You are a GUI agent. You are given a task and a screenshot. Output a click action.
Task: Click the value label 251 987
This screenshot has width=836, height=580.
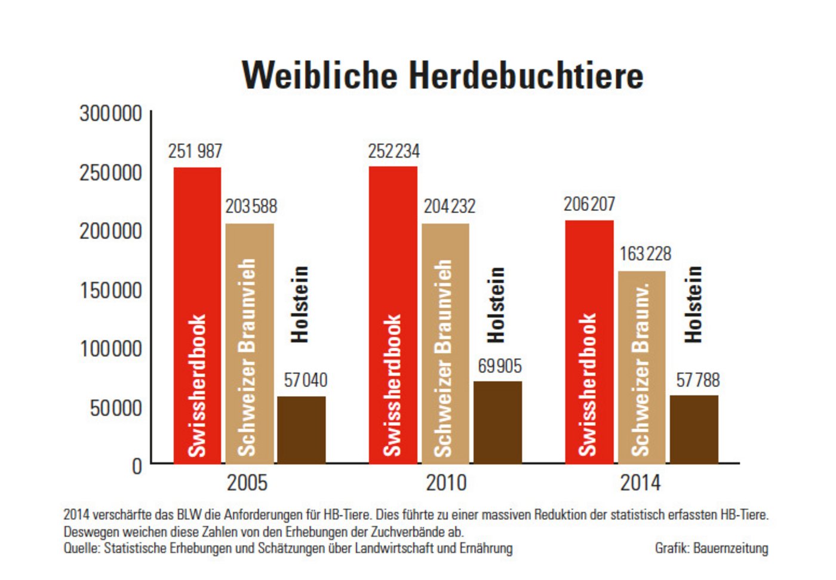click(195, 151)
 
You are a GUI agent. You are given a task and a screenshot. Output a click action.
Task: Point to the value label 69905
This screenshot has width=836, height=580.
click(500, 366)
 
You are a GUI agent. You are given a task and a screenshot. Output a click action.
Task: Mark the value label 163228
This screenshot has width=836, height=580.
click(645, 254)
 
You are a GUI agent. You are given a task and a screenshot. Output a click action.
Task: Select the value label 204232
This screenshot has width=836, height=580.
click(450, 206)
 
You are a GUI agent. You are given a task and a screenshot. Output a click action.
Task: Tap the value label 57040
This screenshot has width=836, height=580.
click(305, 380)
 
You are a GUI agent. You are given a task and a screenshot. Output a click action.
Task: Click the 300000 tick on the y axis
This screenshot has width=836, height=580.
click(111, 113)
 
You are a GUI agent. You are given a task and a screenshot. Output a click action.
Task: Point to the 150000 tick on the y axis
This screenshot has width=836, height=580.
click(111, 290)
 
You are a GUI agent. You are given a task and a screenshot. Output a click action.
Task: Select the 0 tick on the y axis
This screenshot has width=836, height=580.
click(137, 466)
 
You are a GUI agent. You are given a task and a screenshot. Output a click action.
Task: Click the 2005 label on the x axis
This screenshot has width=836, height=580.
click(247, 483)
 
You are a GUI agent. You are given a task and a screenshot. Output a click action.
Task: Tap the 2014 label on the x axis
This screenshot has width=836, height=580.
click(640, 483)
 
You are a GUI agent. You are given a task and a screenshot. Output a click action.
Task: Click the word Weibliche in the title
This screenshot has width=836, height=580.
click(320, 75)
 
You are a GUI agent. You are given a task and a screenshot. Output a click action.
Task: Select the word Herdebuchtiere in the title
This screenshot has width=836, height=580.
click(526, 75)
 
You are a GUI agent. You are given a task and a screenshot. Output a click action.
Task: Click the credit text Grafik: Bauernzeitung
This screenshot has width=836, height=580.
click(711, 548)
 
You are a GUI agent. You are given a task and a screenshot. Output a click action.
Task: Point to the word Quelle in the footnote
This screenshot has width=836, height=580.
click(81, 548)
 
